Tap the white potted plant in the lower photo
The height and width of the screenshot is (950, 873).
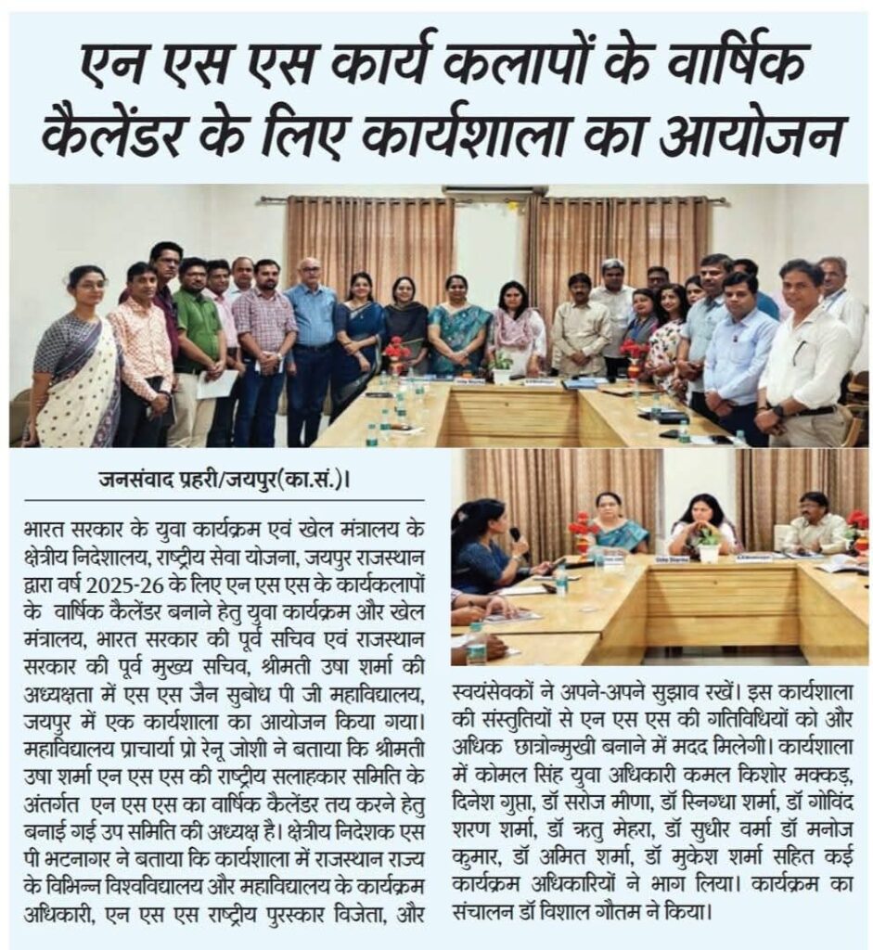click(x=710, y=547)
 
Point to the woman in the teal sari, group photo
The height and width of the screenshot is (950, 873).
click(x=457, y=329)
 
